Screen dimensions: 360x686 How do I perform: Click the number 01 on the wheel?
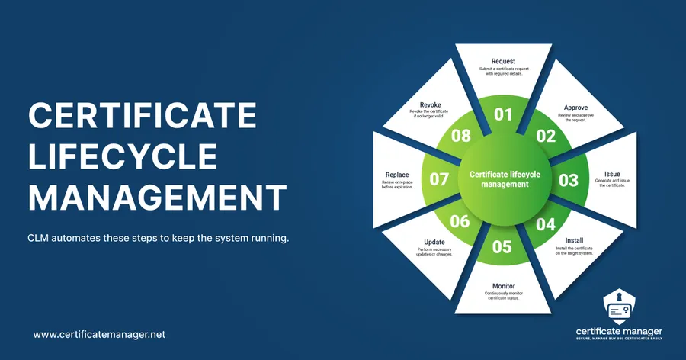click(x=503, y=115)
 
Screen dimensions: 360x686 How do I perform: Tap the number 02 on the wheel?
click(x=546, y=137)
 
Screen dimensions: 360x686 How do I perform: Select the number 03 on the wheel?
click(x=568, y=181)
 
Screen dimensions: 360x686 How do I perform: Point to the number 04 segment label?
click(x=546, y=225)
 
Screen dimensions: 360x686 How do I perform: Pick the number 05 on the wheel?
click(x=502, y=246)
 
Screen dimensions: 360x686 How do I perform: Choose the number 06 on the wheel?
click(x=460, y=222)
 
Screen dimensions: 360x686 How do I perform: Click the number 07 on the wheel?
click(x=439, y=180)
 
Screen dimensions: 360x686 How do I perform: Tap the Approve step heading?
click(x=575, y=108)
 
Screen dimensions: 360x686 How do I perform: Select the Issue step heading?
click(x=612, y=174)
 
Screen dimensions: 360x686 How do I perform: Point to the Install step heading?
click(x=575, y=240)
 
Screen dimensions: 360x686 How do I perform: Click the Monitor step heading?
click(x=504, y=286)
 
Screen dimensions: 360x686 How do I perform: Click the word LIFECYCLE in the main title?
click(x=122, y=157)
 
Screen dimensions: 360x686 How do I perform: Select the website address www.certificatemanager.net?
click(x=100, y=334)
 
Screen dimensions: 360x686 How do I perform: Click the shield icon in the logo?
click(x=619, y=307)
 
